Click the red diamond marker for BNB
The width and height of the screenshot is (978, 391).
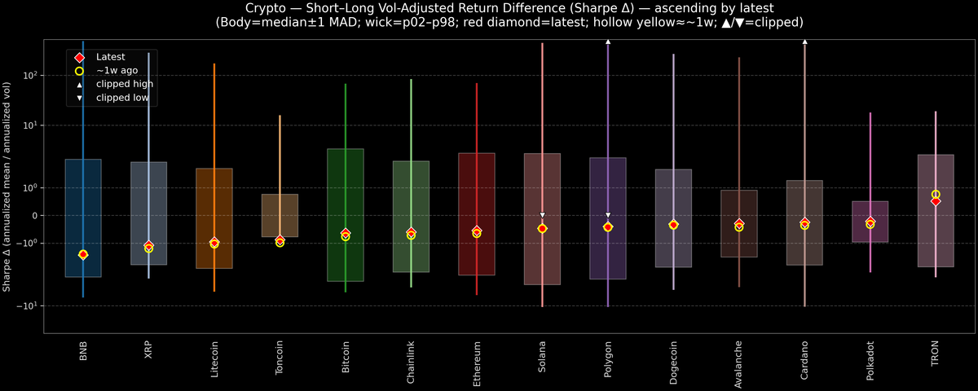(83, 254)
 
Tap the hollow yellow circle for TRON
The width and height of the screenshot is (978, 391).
(936, 195)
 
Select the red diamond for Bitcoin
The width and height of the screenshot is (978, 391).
(346, 233)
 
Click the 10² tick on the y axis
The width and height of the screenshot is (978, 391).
(31, 75)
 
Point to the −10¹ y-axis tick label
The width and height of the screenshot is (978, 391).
(29, 305)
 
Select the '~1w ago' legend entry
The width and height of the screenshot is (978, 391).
(117, 71)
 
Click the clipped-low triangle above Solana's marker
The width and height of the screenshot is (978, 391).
(542, 215)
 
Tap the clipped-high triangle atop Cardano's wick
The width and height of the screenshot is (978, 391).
(804, 41)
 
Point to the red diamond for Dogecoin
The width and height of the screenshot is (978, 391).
(673, 224)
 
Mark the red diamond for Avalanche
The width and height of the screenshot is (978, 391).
(739, 223)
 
